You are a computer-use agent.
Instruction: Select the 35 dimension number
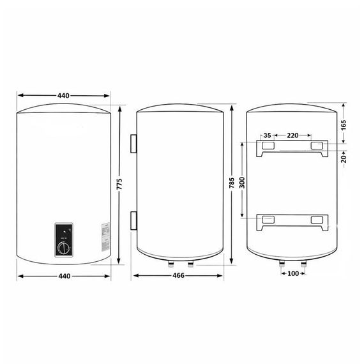(x=268, y=135)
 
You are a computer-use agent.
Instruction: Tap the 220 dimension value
(x=292, y=135)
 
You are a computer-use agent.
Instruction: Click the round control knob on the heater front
(x=64, y=246)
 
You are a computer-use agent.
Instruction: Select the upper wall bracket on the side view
(x=133, y=144)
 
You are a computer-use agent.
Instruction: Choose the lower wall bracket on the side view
(x=133, y=220)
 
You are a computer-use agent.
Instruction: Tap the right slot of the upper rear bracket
(x=318, y=146)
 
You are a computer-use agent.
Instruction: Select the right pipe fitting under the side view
(x=189, y=262)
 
